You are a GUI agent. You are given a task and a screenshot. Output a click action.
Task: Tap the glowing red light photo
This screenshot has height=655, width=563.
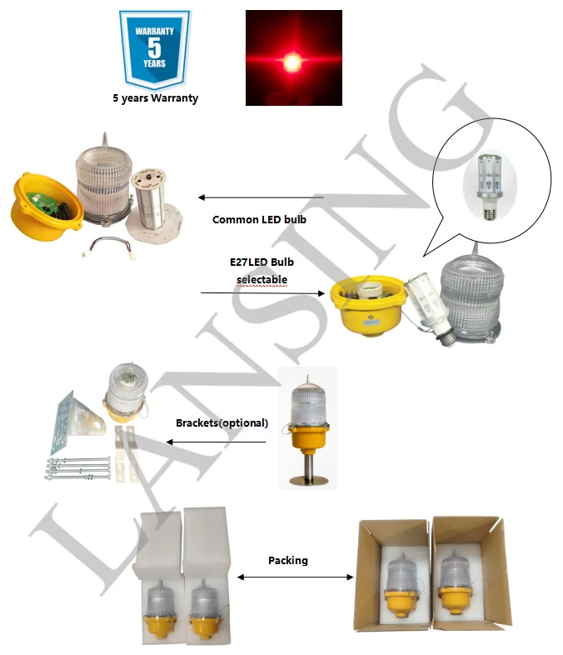(x=293, y=58)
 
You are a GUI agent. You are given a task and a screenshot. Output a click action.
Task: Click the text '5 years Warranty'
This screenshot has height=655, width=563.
(x=156, y=98)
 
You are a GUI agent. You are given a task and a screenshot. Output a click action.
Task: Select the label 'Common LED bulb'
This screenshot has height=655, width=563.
(x=259, y=220)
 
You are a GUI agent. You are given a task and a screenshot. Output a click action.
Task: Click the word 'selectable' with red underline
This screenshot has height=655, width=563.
(x=262, y=277)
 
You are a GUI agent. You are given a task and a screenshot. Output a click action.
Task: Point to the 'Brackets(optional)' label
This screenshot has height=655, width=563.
(x=222, y=422)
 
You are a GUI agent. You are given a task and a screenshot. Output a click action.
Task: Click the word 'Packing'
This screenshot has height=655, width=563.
(x=288, y=560)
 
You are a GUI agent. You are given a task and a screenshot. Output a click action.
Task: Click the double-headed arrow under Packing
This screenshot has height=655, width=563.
(x=296, y=577)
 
